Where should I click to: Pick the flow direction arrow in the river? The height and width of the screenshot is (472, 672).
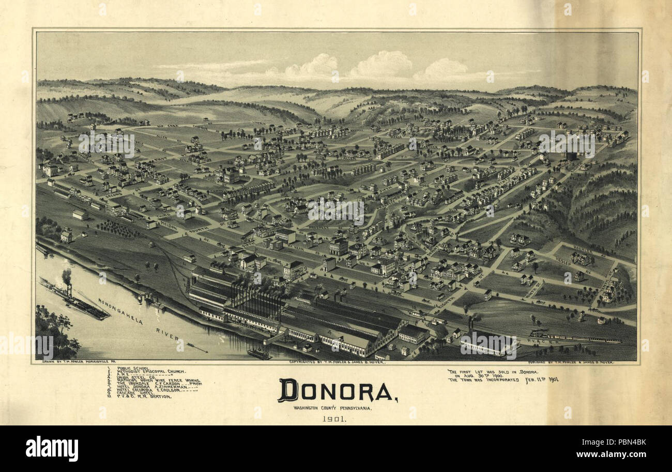[x=196, y=347]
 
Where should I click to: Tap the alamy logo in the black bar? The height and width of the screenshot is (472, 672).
[x=52, y=448]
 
